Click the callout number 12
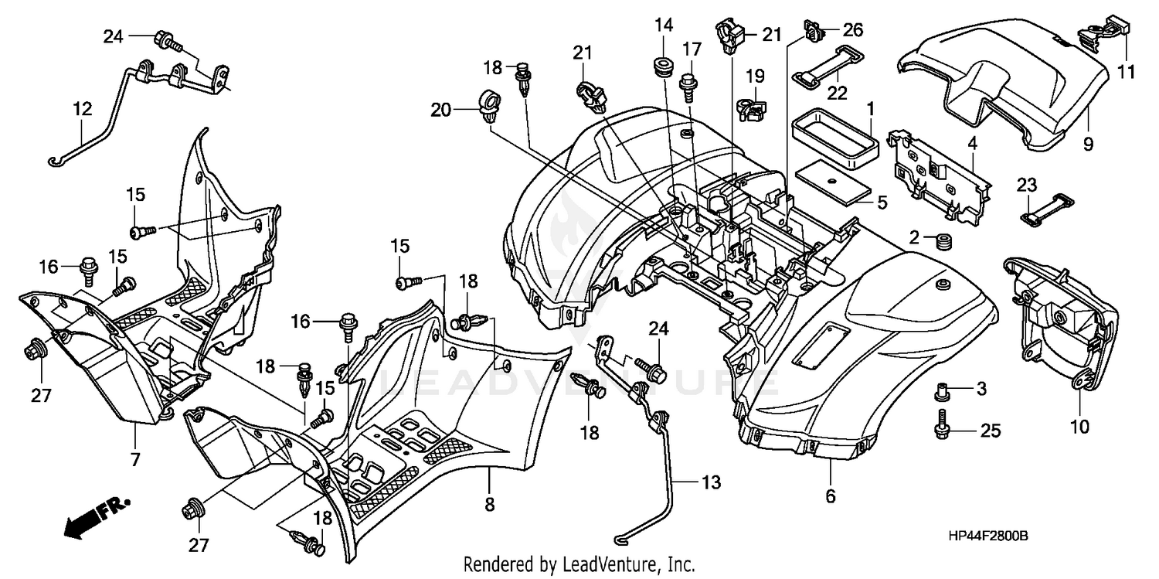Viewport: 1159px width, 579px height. [83, 110]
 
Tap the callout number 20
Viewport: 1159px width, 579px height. [440, 111]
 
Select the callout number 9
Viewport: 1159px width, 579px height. [1088, 141]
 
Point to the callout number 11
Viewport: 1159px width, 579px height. [1127, 73]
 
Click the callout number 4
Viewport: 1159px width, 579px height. [973, 141]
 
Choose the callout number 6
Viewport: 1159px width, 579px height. [831, 496]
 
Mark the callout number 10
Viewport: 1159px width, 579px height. [1079, 424]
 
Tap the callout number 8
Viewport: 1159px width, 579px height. [490, 504]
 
